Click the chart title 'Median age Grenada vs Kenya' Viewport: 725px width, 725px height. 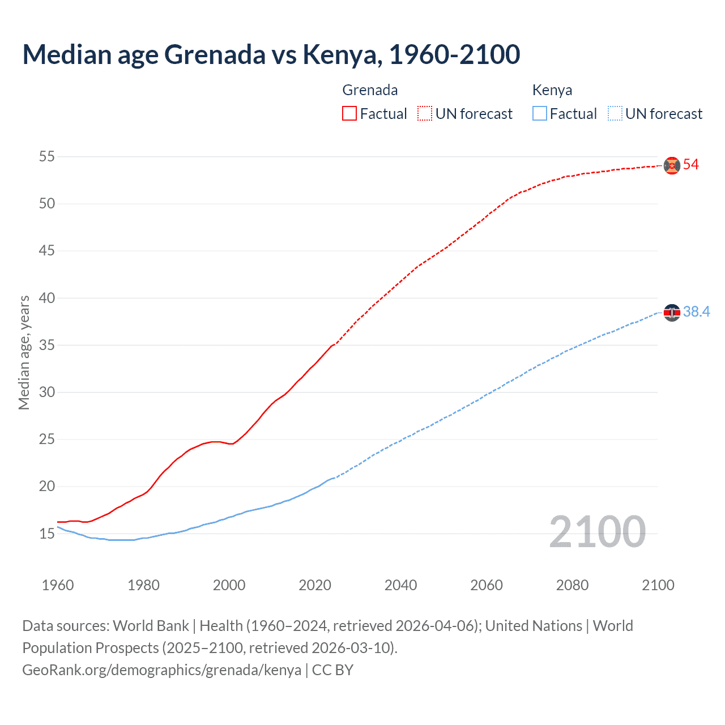271,54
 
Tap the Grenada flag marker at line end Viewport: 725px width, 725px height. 672,165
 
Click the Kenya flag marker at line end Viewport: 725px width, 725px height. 672,313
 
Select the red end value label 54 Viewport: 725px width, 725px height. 691,165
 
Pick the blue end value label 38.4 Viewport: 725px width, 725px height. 696,312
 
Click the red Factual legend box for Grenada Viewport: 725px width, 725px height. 349,114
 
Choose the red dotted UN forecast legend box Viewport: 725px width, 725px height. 425,114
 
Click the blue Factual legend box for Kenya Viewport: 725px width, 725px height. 540,114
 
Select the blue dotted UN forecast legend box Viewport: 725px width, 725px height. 615,114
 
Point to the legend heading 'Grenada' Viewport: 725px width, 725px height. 370,91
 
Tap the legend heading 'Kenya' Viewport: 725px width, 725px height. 552,91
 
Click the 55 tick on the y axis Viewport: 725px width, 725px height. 47,156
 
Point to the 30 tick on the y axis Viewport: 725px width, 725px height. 47,392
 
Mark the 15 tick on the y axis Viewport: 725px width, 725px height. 47,534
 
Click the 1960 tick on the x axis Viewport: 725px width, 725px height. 58,585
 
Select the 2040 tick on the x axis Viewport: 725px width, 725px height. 400,585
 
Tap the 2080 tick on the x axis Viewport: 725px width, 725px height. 572,585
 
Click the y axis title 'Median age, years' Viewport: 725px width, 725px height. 24,352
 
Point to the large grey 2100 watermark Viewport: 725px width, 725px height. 597,532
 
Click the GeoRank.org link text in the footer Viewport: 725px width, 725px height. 161,670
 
